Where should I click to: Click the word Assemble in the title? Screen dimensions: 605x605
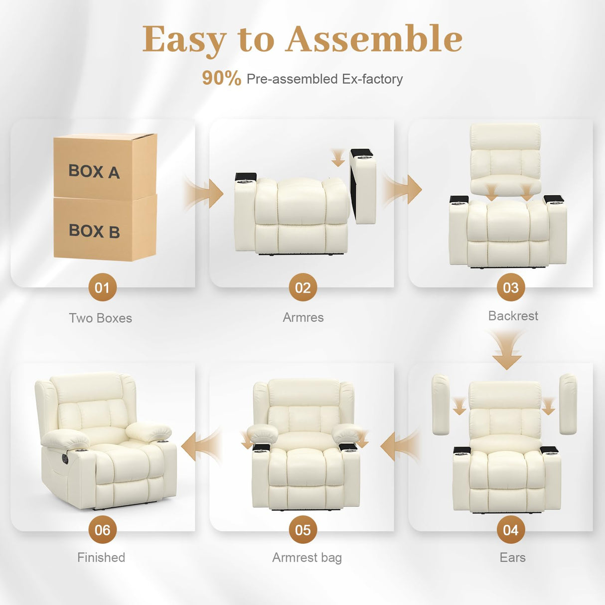tap(374, 39)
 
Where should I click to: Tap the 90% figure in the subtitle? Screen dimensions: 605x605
tap(221, 78)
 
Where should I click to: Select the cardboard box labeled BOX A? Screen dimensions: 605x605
tap(105, 167)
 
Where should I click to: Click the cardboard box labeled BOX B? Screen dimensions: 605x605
tap(105, 228)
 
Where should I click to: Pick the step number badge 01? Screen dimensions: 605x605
tap(102, 288)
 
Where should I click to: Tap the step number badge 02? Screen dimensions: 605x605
tap(302, 288)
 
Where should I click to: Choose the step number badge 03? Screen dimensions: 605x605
tap(510, 288)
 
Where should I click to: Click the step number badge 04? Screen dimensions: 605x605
tap(510, 530)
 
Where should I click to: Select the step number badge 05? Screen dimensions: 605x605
tap(302, 530)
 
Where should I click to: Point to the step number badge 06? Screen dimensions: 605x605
tap(102, 530)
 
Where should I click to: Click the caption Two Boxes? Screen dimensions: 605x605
tap(100, 318)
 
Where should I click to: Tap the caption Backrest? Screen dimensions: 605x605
tap(513, 316)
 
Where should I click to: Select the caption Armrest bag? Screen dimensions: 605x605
tap(306, 558)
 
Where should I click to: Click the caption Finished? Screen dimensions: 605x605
tap(101, 557)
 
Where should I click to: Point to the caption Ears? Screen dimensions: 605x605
tap(512, 557)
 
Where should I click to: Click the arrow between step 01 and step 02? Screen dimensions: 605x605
tap(205, 193)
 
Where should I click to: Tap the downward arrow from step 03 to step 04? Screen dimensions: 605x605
tap(507, 351)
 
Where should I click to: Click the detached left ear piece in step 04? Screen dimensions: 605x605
tap(440, 405)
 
